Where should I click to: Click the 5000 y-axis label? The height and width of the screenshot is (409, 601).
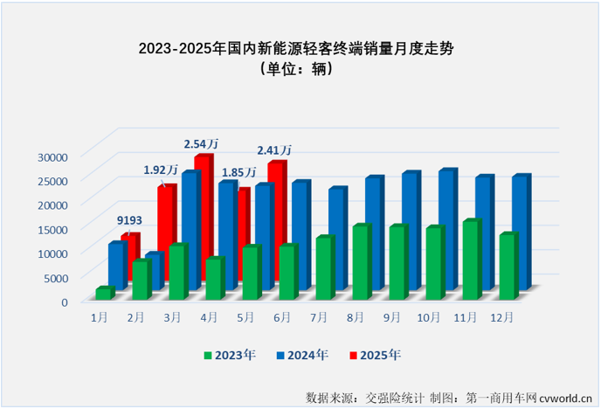[x=54, y=278]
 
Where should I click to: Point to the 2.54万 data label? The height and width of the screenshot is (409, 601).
[x=201, y=142]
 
